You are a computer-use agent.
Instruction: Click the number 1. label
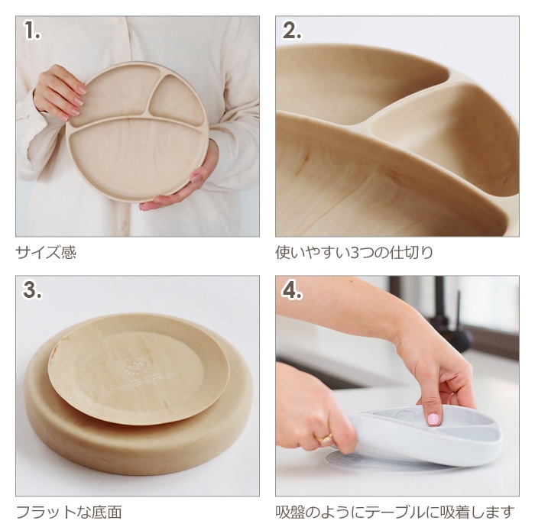click(x=32, y=31)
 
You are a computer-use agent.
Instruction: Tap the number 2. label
click(x=292, y=31)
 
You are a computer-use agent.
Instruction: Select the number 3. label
click(x=32, y=290)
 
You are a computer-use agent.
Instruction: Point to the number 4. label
click(x=292, y=290)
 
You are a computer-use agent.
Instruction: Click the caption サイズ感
click(x=46, y=252)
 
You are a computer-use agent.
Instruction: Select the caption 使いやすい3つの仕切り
click(x=354, y=252)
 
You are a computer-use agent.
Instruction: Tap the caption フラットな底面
click(x=69, y=512)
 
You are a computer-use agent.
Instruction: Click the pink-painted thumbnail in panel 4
click(x=433, y=419)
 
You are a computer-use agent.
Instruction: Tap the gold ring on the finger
click(x=326, y=438)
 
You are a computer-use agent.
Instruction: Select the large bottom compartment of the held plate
click(x=138, y=154)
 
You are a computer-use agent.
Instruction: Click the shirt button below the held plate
click(x=125, y=225)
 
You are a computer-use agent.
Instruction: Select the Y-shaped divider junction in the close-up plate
click(x=365, y=123)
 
